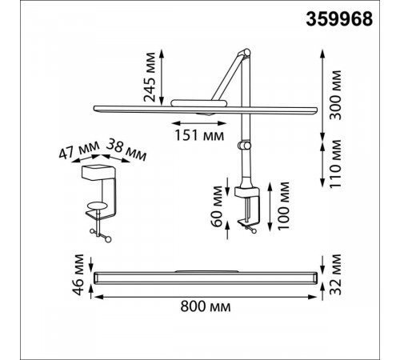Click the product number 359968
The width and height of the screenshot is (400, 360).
click(339, 19)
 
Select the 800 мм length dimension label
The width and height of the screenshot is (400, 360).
click(206, 306)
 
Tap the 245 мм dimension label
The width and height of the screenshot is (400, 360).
click(150, 78)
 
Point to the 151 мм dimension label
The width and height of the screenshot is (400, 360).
click(199, 135)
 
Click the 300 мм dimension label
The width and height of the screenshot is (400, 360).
click(335, 95)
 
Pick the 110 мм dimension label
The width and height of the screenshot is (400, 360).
click(335, 164)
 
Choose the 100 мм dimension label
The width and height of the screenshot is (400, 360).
click(283, 206)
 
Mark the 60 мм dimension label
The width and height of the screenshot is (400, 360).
click(217, 206)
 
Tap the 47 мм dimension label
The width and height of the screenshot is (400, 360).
click(79, 150)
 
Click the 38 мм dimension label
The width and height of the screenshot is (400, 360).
click(126, 150)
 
